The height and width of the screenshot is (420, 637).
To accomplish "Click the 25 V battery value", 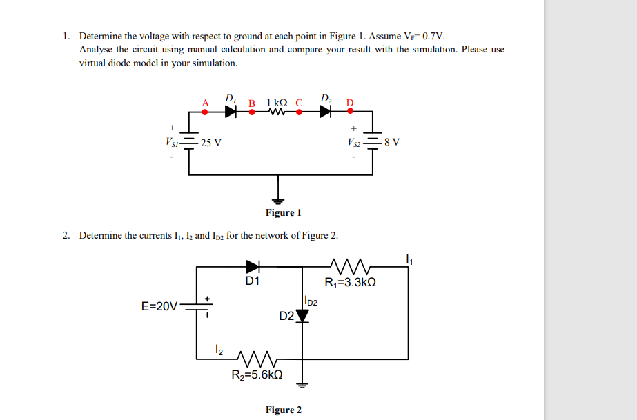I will pyautogui.click(x=211, y=143).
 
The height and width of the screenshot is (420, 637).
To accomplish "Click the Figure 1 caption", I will pyautogui.click(x=283, y=212).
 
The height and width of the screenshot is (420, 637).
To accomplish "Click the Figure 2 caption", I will pyautogui.click(x=283, y=410).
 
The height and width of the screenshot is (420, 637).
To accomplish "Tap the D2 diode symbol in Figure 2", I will pyautogui.click(x=302, y=316).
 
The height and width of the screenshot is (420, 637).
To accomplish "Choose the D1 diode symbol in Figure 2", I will pyautogui.click(x=253, y=265).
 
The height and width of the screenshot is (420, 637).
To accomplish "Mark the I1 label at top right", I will pyautogui.click(x=409, y=259).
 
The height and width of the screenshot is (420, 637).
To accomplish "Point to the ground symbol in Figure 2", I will pyautogui.click(x=302, y=383).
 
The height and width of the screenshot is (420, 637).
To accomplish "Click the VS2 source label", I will pyautogui.click(x=357, y=143).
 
